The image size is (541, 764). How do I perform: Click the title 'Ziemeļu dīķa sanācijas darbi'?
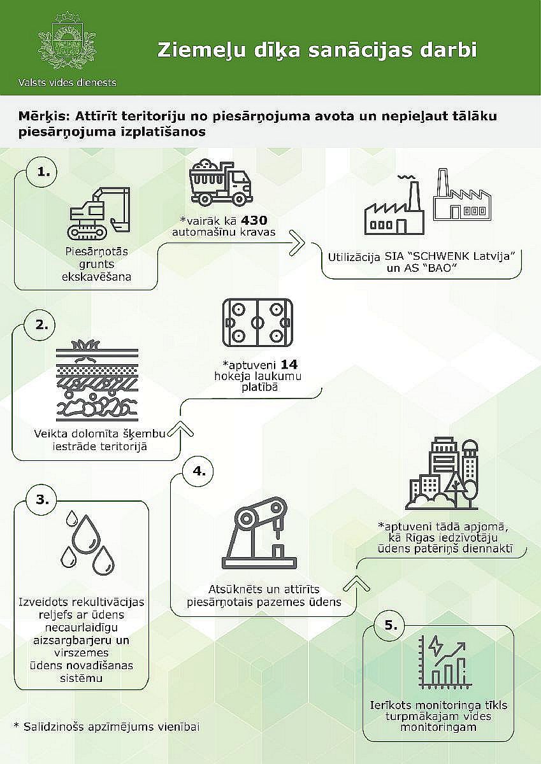pyautogui.click(x=317, y=50)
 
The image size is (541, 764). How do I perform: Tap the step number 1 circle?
pyautogui.click(x=41, y=172)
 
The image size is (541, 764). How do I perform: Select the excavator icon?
pyautogui.click(x=99, y=212)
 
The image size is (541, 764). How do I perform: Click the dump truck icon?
pyautogui.click(x=221, y=183)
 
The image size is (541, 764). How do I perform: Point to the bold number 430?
pyautogui.click(x=254, y=220)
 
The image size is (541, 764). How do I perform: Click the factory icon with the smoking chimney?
pyautogui.click(x=394, y=204)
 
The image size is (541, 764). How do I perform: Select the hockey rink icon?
pyautogui.click(x=257, y=322)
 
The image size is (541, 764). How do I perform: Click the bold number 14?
pyautogui.click(x=289, y=365)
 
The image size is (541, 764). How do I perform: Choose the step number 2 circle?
pyautogui.click(x=40, y=325)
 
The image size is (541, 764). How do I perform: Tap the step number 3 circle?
pyautogui.click(x=41, y=500)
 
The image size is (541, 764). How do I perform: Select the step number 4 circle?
pyautogui.click(x=198, y=471)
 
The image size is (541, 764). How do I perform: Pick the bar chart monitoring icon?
pyautogui.click(x=443, y=661)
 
